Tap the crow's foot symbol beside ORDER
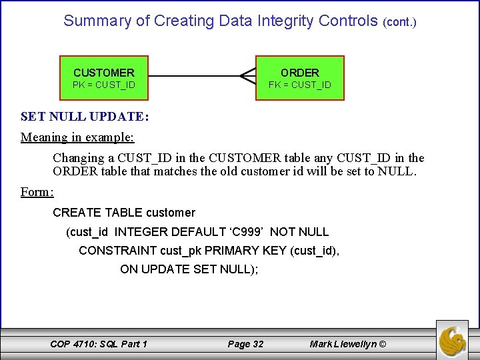click(x=247, y=77)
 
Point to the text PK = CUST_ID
click(x=103, y=85)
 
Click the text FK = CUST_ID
click(x=299, y=85)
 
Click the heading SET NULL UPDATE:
click(x=85, y=117)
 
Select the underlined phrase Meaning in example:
click(x=77, y=137)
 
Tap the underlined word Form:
click(x=37, y=192)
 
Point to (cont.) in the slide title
click(x=399, y=22)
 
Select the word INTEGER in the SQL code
click(x=141, y=232)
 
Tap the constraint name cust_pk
click(x=181, y=251)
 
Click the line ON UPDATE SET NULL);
click(x=189, y=269)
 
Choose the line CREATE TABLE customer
click(x=124, y=213)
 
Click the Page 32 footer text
click(x=245, y=344)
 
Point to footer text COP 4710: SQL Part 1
click(x=99, y=344)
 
